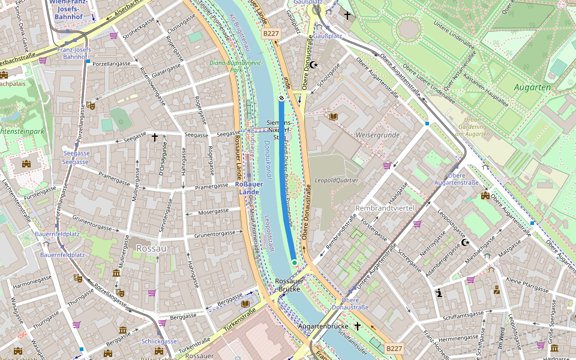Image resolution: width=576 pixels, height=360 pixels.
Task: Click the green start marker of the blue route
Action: tap(295, 263)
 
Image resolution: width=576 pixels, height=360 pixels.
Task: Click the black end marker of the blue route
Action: tap(281, 98)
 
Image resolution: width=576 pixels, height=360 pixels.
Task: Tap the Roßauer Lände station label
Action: tap(249, 188)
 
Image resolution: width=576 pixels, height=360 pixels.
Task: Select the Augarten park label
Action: tap(532, 87)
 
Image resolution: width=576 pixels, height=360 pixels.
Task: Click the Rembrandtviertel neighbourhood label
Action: tap(385, 208)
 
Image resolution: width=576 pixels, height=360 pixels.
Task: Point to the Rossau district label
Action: tap(151, 248)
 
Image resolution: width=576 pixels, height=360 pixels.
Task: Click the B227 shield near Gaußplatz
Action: tap(271, 34)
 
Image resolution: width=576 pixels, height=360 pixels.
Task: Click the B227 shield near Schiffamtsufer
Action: tap(394, 349)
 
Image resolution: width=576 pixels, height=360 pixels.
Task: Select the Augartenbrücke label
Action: tap(323, 326)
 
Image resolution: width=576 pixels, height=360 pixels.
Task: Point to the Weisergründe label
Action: tap(378, 136)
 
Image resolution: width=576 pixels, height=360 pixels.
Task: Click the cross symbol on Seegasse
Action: tap(154, 137)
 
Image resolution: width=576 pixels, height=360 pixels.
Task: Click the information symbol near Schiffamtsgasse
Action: tap(439, 293)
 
